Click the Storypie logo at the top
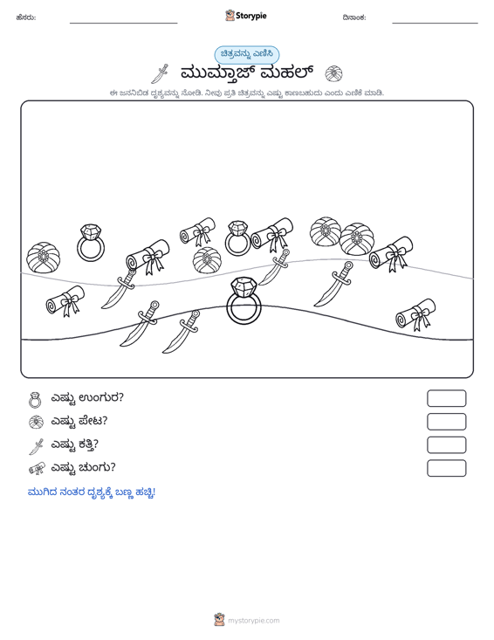246,16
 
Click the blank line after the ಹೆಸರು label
124,23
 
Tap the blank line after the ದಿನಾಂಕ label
435,23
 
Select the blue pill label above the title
247,54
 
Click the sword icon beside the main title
160,74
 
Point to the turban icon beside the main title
333,74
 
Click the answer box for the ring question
447,398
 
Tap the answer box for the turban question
447,422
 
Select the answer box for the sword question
447,445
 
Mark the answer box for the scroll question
447,468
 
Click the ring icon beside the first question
36,400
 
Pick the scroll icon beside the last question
37,469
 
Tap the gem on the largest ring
244,287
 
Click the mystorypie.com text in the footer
254,621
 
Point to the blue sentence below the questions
92,492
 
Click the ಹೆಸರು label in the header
26,17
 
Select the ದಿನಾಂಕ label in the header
354,17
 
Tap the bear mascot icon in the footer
219,620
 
